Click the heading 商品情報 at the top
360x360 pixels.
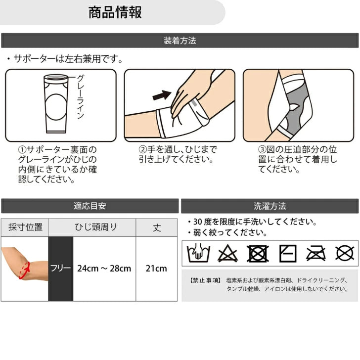click(115, 12)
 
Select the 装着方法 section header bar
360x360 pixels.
click(180, 41)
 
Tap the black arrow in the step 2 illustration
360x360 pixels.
click(162, 95)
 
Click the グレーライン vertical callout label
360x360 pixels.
click(80, 96)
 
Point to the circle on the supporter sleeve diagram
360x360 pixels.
click(56, 107)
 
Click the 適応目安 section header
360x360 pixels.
click(90, 206)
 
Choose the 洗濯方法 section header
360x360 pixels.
click(270, 206)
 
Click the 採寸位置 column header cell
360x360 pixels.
click(25, 227)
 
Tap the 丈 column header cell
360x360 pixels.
click(157, 227)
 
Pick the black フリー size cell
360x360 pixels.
click(61, 269)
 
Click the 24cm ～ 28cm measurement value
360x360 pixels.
click(104, 269)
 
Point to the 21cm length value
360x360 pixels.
click(156, 269)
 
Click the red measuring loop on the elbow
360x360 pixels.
click(25, 270)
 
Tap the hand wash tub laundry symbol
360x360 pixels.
click(198, 253)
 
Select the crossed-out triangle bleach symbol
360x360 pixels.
click(227, 254)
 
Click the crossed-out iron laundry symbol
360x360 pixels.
click(316, 254)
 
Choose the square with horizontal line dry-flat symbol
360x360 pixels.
click(288, 254)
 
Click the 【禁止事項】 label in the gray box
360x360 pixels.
click(205, 280)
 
